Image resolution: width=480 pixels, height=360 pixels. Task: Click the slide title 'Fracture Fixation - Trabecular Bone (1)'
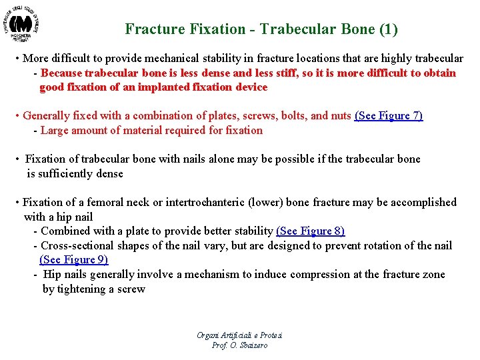[261, 29]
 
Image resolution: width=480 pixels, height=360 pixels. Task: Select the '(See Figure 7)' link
[389, 116]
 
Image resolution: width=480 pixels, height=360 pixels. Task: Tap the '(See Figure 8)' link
[310, 231]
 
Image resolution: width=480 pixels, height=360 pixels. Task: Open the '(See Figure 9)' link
[73, 260]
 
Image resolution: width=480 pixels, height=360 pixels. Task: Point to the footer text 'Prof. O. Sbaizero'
[239, 345]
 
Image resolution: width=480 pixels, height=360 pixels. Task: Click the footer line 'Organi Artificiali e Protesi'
[239, 335]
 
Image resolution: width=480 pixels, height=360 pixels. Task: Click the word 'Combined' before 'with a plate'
[64, 231]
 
